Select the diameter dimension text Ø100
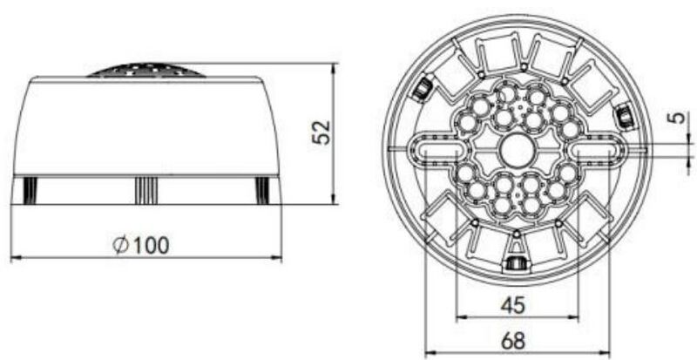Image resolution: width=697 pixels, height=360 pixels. click(x=142, y=245)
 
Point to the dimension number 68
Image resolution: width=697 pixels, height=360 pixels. click(x=517, y=339)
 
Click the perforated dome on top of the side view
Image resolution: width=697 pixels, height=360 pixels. click(x=145, y=70)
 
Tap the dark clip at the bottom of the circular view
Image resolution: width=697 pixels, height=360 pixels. click(x=517, y=264)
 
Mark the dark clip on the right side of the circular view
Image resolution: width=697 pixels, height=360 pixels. click(x=624, y=114)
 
